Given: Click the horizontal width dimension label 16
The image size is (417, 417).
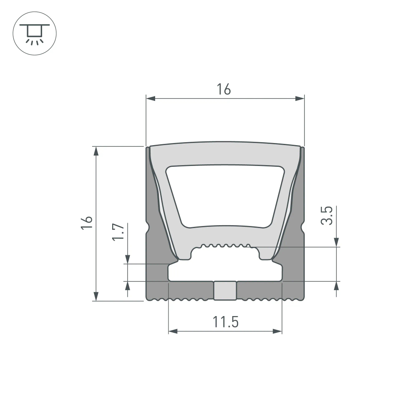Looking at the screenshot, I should point(224,89).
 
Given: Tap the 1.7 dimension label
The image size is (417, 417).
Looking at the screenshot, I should point(118,231).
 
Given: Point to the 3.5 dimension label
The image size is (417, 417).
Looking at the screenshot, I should point(327,215).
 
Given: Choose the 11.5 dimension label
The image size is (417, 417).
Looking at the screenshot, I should point(225,322).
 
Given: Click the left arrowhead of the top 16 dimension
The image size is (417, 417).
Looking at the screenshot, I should point(151,99).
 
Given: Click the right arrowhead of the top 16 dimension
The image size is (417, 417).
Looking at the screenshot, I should point(299,99).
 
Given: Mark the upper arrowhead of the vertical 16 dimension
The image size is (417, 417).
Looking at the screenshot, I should point(96,151).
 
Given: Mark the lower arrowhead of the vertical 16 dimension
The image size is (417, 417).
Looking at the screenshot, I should point(96,296).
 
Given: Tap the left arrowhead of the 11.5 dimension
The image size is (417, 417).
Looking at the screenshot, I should point(173,332).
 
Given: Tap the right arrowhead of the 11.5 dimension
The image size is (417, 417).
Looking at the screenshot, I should point(277,332).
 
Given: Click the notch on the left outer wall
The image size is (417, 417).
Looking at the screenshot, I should point(147,228).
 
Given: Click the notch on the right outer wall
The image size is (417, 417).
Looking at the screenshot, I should point(303,228).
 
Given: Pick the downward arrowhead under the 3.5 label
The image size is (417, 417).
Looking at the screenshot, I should point(337,242).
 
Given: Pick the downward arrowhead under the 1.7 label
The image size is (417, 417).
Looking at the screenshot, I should point(128,259).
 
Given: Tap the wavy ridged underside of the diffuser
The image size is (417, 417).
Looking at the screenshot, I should point(225,246).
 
